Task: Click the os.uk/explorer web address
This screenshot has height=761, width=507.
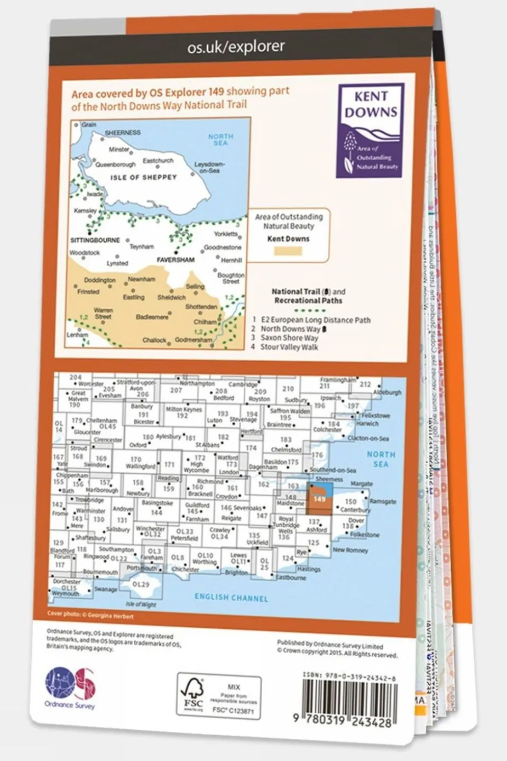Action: [236, 48]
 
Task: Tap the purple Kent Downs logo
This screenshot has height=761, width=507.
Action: [371, 130]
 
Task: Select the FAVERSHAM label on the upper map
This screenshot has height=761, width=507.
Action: [176, 260]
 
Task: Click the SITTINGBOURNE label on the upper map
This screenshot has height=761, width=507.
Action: [95, 240]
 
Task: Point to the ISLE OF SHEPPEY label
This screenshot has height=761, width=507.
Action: [143, 178]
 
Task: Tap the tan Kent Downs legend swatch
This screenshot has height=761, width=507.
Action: [288, 251]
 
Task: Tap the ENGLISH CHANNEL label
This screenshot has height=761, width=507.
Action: [231, 598]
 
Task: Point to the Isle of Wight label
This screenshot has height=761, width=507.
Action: [141, 604]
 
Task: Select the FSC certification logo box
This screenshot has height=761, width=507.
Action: [218, 696]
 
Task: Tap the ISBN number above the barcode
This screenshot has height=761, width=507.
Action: [349, 676]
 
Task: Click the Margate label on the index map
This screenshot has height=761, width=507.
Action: [361, 484]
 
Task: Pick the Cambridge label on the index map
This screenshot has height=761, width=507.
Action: [243, 384]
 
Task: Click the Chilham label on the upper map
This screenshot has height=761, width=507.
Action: [205, 322]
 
